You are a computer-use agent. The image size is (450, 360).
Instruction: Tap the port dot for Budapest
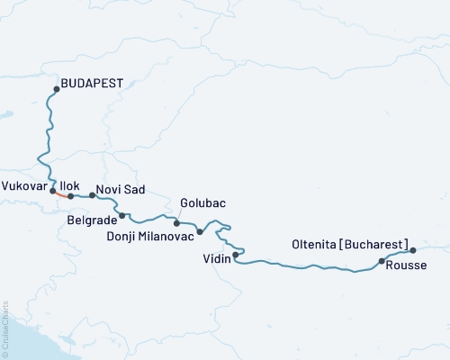(x=57, y=88)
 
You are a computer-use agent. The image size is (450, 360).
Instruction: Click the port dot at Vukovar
(x=53, y=190)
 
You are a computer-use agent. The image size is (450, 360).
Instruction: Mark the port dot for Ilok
(x=70, y=195)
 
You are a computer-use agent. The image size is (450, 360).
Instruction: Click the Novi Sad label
(x=120, y=190)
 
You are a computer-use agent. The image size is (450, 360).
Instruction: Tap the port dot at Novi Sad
(x=92, y=194)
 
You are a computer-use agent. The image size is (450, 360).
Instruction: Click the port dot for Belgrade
(x=122, y=215)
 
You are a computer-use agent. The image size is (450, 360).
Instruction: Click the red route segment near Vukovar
(x=61, y=193)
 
